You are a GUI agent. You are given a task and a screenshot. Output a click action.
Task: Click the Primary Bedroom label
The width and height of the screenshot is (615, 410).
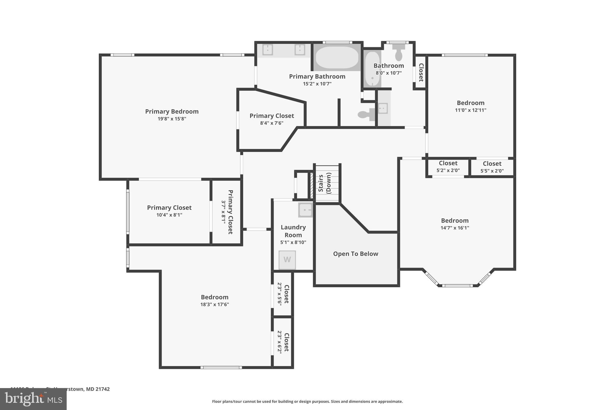click(172, 111)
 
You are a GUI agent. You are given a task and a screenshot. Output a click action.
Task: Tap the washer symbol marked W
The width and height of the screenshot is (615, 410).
click(287, 260)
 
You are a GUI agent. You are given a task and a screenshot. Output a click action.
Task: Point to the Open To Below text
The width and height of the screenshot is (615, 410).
click(356, 254)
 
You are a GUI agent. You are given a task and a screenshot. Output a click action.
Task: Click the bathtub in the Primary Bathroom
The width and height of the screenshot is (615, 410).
click(337, 57)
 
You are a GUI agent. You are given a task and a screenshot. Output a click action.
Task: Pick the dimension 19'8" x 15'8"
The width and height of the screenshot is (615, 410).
click(172, 119)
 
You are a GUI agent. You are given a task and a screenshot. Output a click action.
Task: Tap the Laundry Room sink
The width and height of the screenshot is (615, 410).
click(305, 210)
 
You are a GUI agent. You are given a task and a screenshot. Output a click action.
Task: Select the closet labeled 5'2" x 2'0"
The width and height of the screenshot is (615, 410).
click(448, 167)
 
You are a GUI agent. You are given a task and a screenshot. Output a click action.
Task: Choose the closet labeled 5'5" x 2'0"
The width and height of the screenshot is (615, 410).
click(492, 167)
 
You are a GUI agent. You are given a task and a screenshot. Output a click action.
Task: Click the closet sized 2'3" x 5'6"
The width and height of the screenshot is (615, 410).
click(283, 294)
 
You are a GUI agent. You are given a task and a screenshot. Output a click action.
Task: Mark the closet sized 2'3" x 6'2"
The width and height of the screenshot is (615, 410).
click(283, 342)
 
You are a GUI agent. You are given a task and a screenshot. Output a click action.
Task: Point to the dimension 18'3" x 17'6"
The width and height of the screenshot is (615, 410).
click(214, 305)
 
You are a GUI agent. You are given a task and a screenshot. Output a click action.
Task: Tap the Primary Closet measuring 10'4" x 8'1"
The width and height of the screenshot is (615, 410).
click(169, 211)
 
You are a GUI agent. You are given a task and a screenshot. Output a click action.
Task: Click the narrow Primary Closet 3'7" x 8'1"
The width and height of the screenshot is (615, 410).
click(227, 212)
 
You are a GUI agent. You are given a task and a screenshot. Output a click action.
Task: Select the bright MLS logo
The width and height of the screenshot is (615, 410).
click(33, 399)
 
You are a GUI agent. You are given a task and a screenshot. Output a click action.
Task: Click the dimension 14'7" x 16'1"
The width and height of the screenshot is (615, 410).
click(455, 228)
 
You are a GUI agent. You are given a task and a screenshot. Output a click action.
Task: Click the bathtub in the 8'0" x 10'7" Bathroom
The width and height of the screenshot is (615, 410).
click(373, 69)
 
